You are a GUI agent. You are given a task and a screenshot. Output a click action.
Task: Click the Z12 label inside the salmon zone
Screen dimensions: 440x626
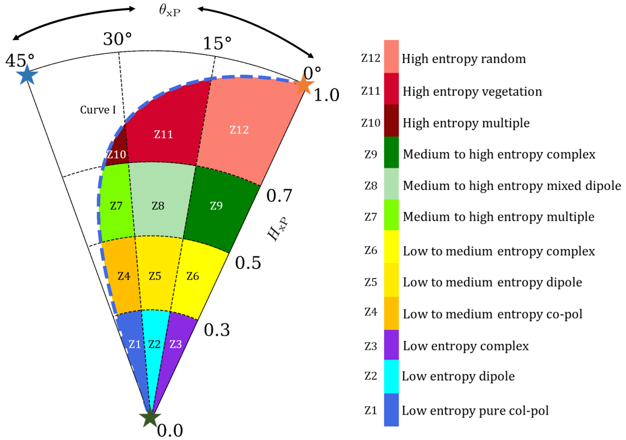(x=239, y=130)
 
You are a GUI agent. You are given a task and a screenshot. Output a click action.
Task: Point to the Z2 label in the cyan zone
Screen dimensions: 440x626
(x=154, y=344)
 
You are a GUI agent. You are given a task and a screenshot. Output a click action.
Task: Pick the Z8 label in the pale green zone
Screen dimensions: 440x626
(x=158, y=206)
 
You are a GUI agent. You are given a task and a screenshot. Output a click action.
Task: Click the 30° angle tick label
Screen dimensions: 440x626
(x=117, y=39)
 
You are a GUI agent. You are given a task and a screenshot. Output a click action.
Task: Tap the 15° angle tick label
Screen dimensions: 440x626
(x=217, y=43)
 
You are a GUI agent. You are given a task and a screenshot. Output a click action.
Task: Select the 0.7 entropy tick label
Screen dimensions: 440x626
(x=279, y=196)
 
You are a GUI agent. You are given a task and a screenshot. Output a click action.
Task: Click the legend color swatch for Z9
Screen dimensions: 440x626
(x=391, y=152)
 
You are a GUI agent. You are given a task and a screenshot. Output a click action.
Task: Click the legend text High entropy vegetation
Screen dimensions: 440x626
(x=472, y=92)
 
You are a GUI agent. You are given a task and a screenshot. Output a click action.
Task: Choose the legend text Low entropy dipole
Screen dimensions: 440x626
(x=458, y=376)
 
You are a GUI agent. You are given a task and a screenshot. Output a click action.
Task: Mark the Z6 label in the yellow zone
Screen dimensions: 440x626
(x=192, y=276)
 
